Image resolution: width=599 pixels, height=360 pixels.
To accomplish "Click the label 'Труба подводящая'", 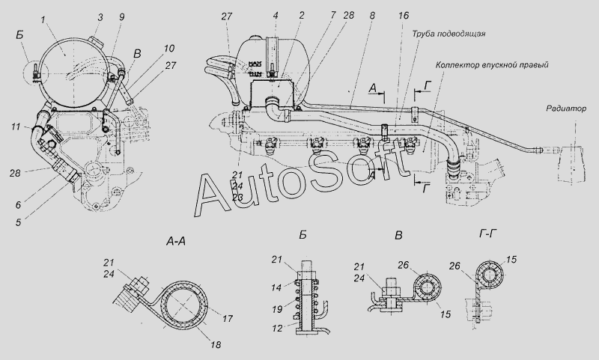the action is [x=449, y=34].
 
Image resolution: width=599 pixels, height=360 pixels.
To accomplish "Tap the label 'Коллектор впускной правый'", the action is [x=492, y=65].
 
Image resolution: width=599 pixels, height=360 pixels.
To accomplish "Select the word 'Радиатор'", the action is [x=566, y=109].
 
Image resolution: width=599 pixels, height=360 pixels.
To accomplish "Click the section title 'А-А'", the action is [x=176, y=241].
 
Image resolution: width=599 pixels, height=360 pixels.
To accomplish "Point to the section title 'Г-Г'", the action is [x=487, y=234].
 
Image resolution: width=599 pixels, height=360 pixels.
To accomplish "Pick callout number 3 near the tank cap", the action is [x=100, y=17].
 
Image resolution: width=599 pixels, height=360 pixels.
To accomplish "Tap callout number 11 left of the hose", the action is [x=16, y=126].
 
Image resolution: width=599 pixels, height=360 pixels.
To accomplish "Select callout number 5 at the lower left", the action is [x=18, y=222].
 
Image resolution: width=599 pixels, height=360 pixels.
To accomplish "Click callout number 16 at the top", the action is [x=404, y=16].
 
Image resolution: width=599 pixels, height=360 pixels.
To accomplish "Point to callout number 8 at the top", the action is [x=372, y=16].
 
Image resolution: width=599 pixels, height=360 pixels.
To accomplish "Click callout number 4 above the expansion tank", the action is [x=276, y=16].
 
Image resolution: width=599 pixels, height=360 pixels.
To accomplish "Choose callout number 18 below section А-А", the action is [x=216, y=344].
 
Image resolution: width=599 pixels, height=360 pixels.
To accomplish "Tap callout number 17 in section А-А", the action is [x=228, y=318].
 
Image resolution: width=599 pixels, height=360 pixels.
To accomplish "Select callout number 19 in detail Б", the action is [x=277, y=310].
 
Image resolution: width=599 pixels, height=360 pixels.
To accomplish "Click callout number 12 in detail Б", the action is [x=277, y=328].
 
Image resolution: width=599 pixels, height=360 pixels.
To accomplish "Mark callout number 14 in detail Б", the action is [x=276, y=287].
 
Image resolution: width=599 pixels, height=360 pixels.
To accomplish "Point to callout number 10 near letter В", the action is [x=169, y=49].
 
